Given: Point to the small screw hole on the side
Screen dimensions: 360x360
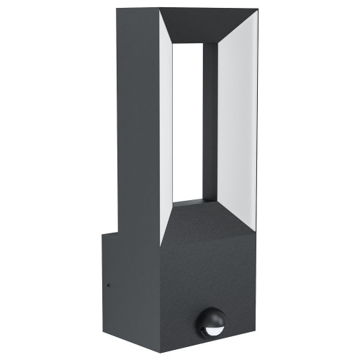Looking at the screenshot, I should click(108, 284).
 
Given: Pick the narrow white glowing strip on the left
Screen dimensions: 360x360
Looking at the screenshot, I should click(166, 122).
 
